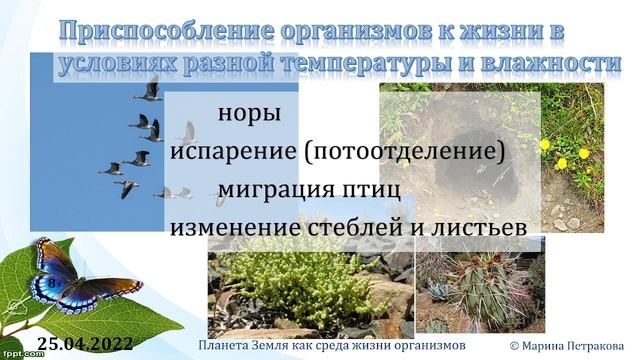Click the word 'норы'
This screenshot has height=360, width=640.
tap(243, 113)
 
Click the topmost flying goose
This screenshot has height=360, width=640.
tap(150, 90)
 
